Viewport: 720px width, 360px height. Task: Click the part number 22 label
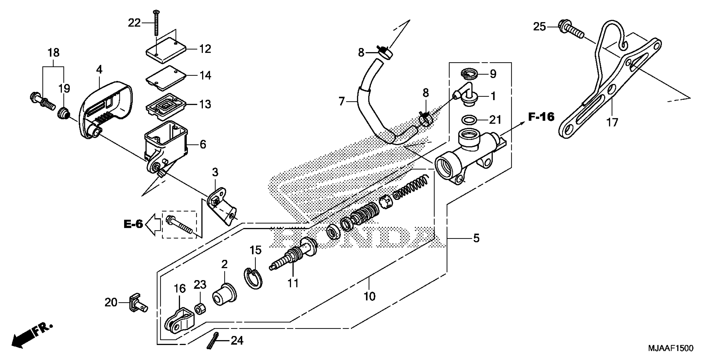coord(134,23)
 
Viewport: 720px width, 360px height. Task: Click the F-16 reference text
coord(541,117)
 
